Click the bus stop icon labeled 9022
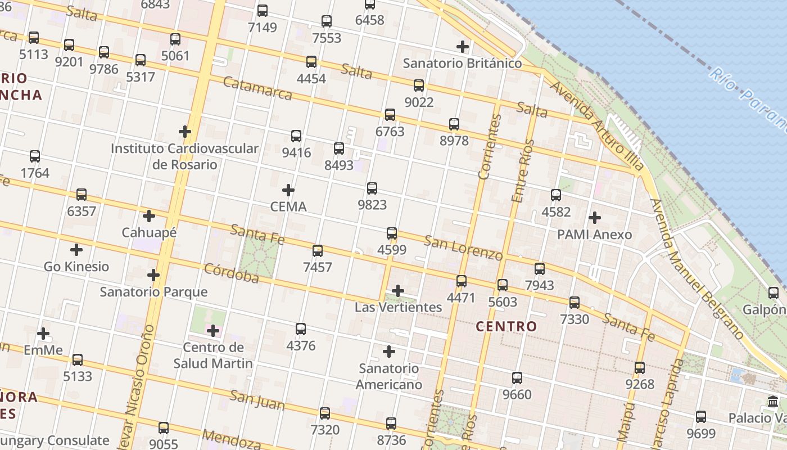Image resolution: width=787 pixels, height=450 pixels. [x=419, y=85]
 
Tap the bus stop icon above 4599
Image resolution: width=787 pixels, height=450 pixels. [x=392, y=233]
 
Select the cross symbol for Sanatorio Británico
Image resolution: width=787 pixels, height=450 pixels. [x=463, y=46]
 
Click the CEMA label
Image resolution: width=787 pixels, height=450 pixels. [x=288, y=206]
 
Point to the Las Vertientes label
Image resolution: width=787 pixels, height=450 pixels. [x=398, y=307]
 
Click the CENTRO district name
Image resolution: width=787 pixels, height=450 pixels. [x=506, y=326]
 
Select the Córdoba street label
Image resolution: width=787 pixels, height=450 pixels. [x=231, y=273]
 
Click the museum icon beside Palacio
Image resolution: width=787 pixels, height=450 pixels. [x=773, y=402]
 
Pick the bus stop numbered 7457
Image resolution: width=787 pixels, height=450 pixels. [x=318, y=251]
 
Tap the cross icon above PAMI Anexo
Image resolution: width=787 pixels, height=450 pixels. [x=594, y=217]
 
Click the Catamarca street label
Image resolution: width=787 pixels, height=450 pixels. [x=257, y=88]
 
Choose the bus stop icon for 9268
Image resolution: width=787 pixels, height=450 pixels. [x=640, y=368]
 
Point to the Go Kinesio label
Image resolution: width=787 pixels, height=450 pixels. [x=76, y=266]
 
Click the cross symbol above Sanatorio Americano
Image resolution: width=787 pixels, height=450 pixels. [x=388, y=352]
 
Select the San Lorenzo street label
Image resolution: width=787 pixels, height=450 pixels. [x=463, y=247]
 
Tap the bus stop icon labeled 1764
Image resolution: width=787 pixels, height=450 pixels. [x=35, y=156]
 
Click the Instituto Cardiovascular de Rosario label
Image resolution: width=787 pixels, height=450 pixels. [x=184, y=156]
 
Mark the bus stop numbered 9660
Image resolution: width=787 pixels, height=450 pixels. [x=517, y=378]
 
